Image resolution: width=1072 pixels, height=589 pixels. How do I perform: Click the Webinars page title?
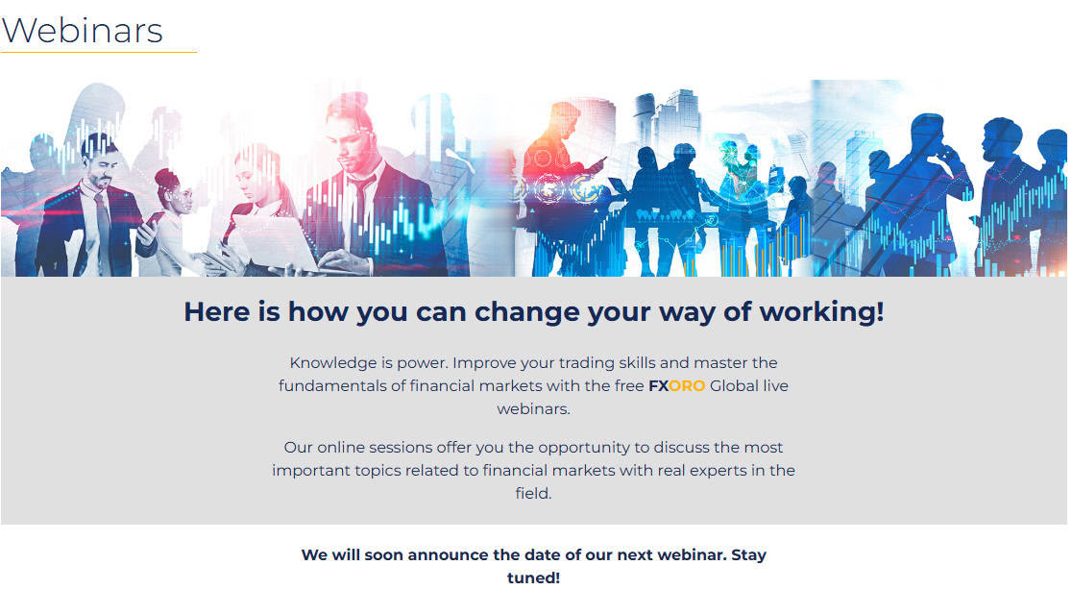click(82, 30)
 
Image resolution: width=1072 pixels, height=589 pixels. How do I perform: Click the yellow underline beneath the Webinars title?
click(98, 52)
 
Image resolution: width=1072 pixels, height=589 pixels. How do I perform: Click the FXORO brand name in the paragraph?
click(676, 386)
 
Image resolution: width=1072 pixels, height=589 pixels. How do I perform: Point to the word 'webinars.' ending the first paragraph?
click(533, 409)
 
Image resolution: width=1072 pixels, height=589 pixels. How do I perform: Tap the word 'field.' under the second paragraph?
click(533, 494)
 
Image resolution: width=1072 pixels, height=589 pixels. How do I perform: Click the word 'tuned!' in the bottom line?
click(533, 578)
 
